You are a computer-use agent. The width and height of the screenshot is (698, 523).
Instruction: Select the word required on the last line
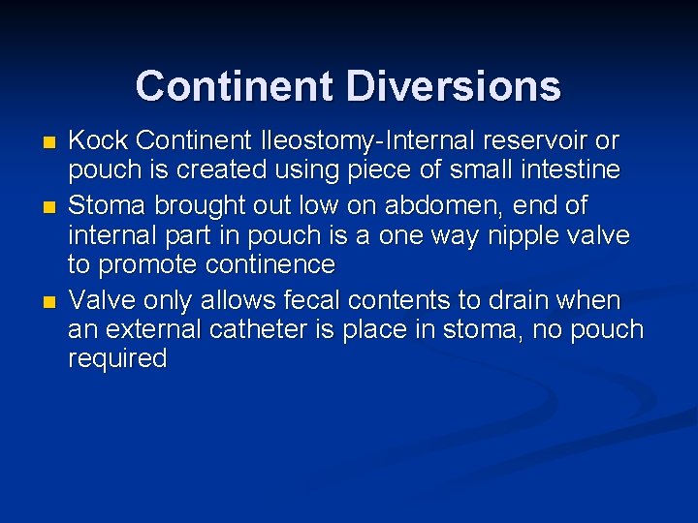tap(117, 358)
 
